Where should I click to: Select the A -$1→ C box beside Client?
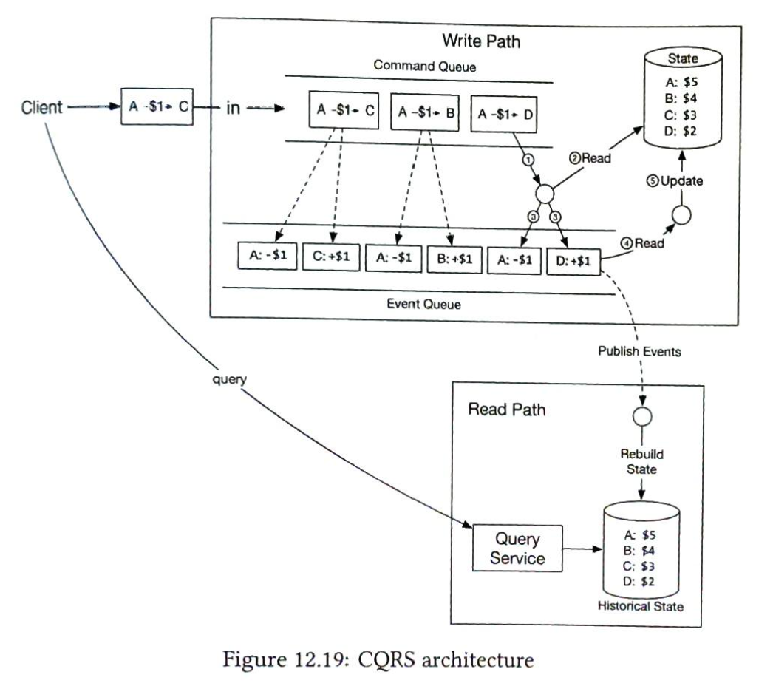click(156, 107)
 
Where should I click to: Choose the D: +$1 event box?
click(573, 260)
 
